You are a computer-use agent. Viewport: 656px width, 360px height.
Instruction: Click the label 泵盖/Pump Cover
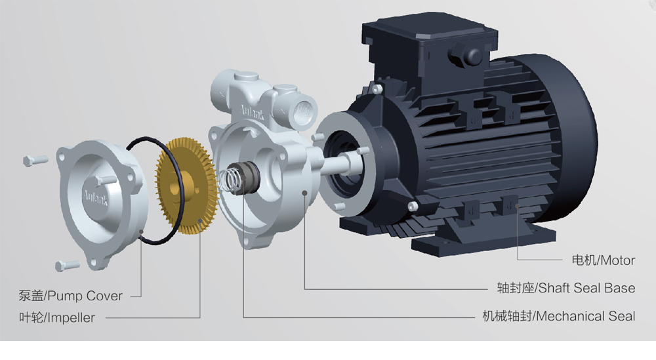pyautogui.click(x=70, y=296)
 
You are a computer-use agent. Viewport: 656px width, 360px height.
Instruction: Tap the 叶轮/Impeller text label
pyautogui.click(x=57, y=317)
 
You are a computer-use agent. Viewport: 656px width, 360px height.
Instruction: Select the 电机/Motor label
pyautogui.click(x=604, y=260)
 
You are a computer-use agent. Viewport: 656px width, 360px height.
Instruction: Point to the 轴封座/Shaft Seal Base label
pyautogui.click(x=566, y=288)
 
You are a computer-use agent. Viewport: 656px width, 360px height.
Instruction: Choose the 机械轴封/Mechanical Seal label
pyautogui.click(x=558, y=315)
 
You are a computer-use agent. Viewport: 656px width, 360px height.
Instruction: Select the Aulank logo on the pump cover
pyautogui.click(x=95, y=197)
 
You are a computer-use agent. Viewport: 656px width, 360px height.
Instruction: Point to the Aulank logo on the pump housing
pyautogui.click(x=252, y=111)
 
